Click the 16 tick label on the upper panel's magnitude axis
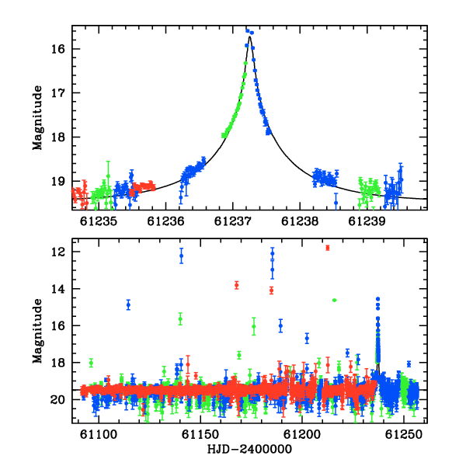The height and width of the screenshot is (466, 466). coord(57,49)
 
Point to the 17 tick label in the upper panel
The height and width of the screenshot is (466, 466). coord(57,93)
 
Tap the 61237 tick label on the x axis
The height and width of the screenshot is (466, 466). coord(233,221)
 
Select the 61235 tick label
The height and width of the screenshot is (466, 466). coord(99,221)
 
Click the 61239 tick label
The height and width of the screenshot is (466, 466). coord(367,221)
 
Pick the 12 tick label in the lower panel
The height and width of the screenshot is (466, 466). coord(57,252)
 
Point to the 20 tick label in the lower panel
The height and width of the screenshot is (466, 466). coord(57,400)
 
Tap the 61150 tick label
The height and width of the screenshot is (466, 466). coord(200,435)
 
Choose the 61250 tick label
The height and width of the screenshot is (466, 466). coord(404,435)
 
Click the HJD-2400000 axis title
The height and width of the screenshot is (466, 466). coord(249,449)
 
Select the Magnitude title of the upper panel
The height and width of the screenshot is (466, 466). coord(38,118)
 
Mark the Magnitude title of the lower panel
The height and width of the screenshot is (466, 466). coord(38,331)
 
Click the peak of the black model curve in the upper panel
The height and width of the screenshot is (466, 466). coord(249,37)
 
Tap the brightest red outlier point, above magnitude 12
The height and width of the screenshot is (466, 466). coord(328,248)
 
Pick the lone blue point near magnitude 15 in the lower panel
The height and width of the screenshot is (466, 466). coord(128,304)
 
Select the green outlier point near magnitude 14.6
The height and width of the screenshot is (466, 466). coord(334,300)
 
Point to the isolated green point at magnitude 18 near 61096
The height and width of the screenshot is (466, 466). coord(91,363)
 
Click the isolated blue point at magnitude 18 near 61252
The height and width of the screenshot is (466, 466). coord(409,364)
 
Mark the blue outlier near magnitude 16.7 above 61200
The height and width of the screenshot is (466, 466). coord(307,338)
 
